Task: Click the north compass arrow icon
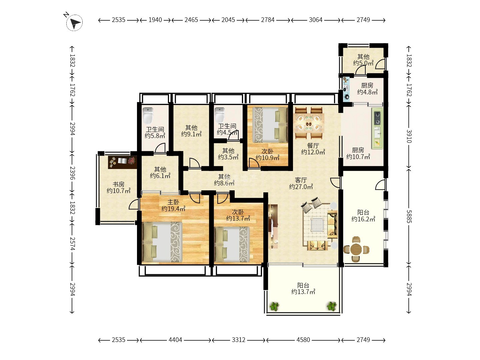74,23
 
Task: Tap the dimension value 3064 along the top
316,20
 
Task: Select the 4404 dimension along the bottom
175,340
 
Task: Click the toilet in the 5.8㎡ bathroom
148,115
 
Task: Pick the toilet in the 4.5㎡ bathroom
220,115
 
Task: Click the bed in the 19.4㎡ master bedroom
162,242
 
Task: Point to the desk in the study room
122,162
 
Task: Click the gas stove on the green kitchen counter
378,118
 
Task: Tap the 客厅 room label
301,180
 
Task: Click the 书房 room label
119,184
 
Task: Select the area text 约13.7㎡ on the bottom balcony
303,292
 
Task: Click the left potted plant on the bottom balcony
274,306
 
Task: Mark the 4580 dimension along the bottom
303,340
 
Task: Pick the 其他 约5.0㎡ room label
363,60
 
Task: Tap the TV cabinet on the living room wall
273,226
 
